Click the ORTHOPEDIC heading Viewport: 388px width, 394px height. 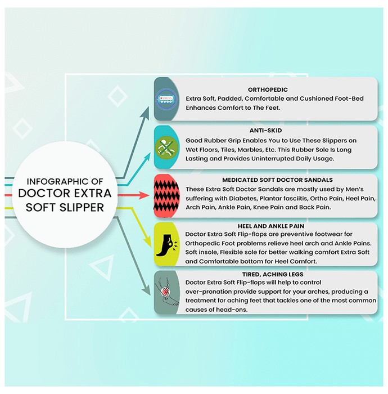tap(268, 89)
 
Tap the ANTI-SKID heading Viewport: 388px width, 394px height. tap(265, 131)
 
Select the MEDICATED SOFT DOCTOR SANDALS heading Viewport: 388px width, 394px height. tap(277, 180)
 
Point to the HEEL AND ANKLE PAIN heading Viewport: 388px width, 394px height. tap(271, 226)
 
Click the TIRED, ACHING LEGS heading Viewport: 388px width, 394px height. tap(273, 274)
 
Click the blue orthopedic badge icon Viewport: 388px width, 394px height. tap(166, 99)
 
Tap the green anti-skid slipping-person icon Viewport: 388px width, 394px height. tap(166, 147)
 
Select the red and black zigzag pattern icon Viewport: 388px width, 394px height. tap(166, 196)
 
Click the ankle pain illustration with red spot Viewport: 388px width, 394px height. tap(166, 292)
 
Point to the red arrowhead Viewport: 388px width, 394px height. tap(145, 195)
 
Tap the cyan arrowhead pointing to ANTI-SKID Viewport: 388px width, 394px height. tap(147, 157)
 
